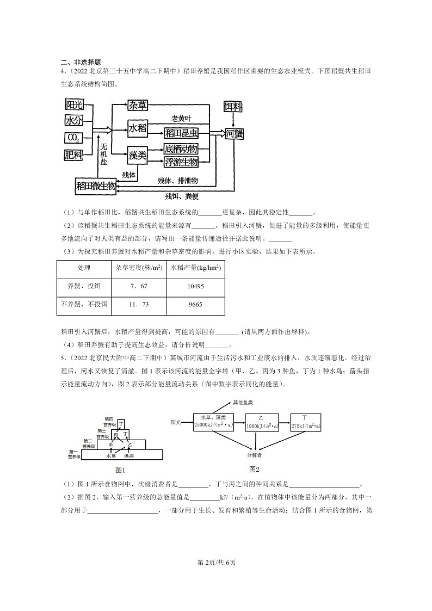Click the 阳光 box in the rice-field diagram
pyautogui.click(x=74, y=104)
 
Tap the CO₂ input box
pyautogui.click(x=73, y=138)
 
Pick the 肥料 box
pyautogui.click(x=73, y=156)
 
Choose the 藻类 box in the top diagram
pyautogui.click(x=138, y=156)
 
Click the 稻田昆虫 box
pyautogui.click(x=182, y=132)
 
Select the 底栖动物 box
pyautogui.click(x=181, y=149)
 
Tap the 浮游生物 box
pyautogui.click(x=181, y=162)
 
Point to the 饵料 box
pyautogui.click(x=234, y=106)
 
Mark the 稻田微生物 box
pyautogui.click(x=96, y=186)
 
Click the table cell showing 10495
pyautogui.click(x=195, y=286)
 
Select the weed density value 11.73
pyautogui.click(x=139, y=304)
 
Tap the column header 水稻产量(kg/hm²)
pyautogui.click(x=195, y=268)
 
